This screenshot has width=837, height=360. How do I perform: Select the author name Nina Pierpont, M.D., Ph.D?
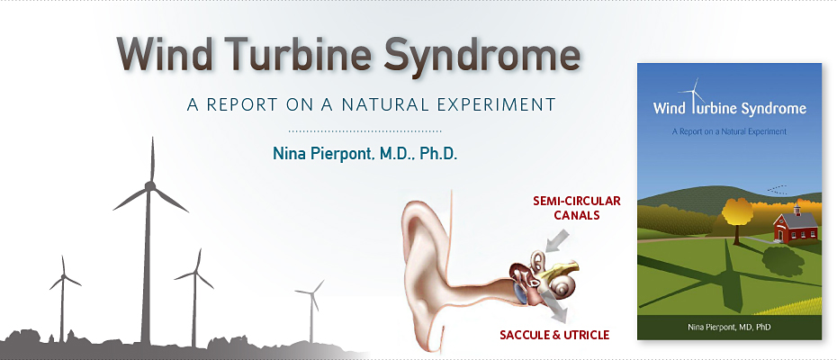(365, 154)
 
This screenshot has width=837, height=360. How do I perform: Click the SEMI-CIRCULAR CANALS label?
(577, 208)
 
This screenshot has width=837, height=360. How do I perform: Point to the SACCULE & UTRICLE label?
(554, 336)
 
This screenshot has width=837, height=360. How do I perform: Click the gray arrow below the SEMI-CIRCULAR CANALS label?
(557, 240)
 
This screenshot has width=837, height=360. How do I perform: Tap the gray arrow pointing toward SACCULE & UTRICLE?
(554, 307)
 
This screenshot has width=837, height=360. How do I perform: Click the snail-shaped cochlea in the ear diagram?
(563, 287)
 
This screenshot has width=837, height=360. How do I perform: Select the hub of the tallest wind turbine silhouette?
(150, 186)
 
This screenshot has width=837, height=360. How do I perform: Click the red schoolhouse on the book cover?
(796, 224)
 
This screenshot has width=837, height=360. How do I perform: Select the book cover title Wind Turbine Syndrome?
(730, 109)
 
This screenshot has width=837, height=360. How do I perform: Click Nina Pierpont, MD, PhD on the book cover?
(729, 327)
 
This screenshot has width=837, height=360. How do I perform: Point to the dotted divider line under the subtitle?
(364, 130)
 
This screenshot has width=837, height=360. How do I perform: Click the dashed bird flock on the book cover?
(778, 189)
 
